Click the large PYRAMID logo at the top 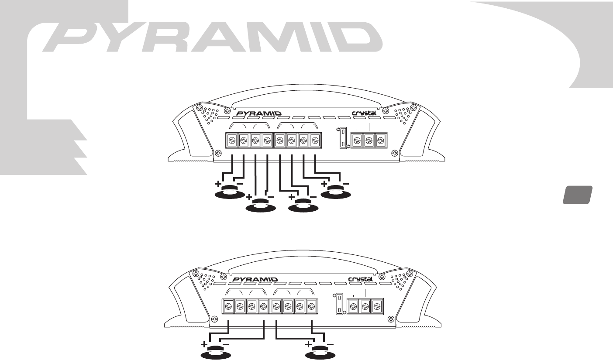[210, 36]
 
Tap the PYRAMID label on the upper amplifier [258, 113]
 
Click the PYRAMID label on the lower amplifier [255, 279]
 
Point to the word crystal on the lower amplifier [361, 279]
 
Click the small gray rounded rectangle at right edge [577, 195]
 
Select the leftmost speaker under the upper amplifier [228, 192]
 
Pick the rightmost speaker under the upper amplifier [336, 192]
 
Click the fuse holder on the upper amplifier [343, 138]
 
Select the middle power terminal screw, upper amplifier [368, 141]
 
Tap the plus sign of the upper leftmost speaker [218, 184]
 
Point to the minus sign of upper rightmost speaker [346, 184]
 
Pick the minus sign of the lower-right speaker [330, 344]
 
